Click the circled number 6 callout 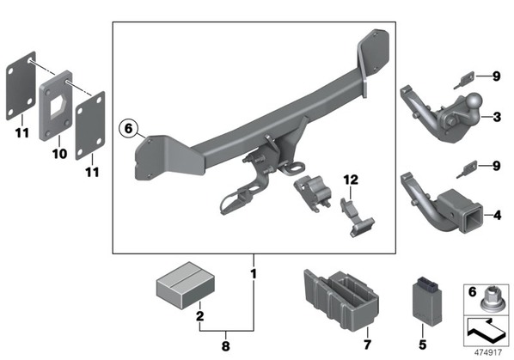(x=129, y=128)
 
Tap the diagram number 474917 (x=488, y=352)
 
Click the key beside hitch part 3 (x=464, y=80)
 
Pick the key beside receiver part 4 (x=467, y=169)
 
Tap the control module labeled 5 (x=426, y=302)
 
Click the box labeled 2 (x=186, y=285)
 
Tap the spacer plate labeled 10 (x=56, y=106)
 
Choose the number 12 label (x=351, y=180)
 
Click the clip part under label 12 (x=357, y=217)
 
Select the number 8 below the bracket (x=225, y=346)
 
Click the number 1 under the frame (x=254, y=274)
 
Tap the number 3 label (x=497, y=117)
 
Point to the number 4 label (x=498, y=216)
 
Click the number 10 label (x=59, y=153)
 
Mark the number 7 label (x=368, y=345)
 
